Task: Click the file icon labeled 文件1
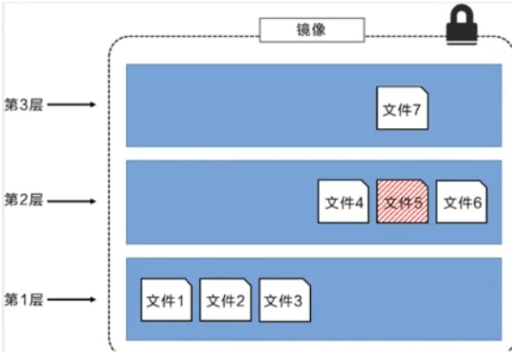tap(166, 300)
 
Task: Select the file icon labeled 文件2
tap(224, 300)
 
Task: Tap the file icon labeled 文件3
tap(283, 300)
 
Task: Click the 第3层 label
tap(23, 106)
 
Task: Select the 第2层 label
tap(23, 200)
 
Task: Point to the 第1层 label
tap(23, 300)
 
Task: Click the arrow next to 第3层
tap(72, 106)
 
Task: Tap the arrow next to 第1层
tap(72, 300)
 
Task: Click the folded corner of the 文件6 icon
tap(480, 186)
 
